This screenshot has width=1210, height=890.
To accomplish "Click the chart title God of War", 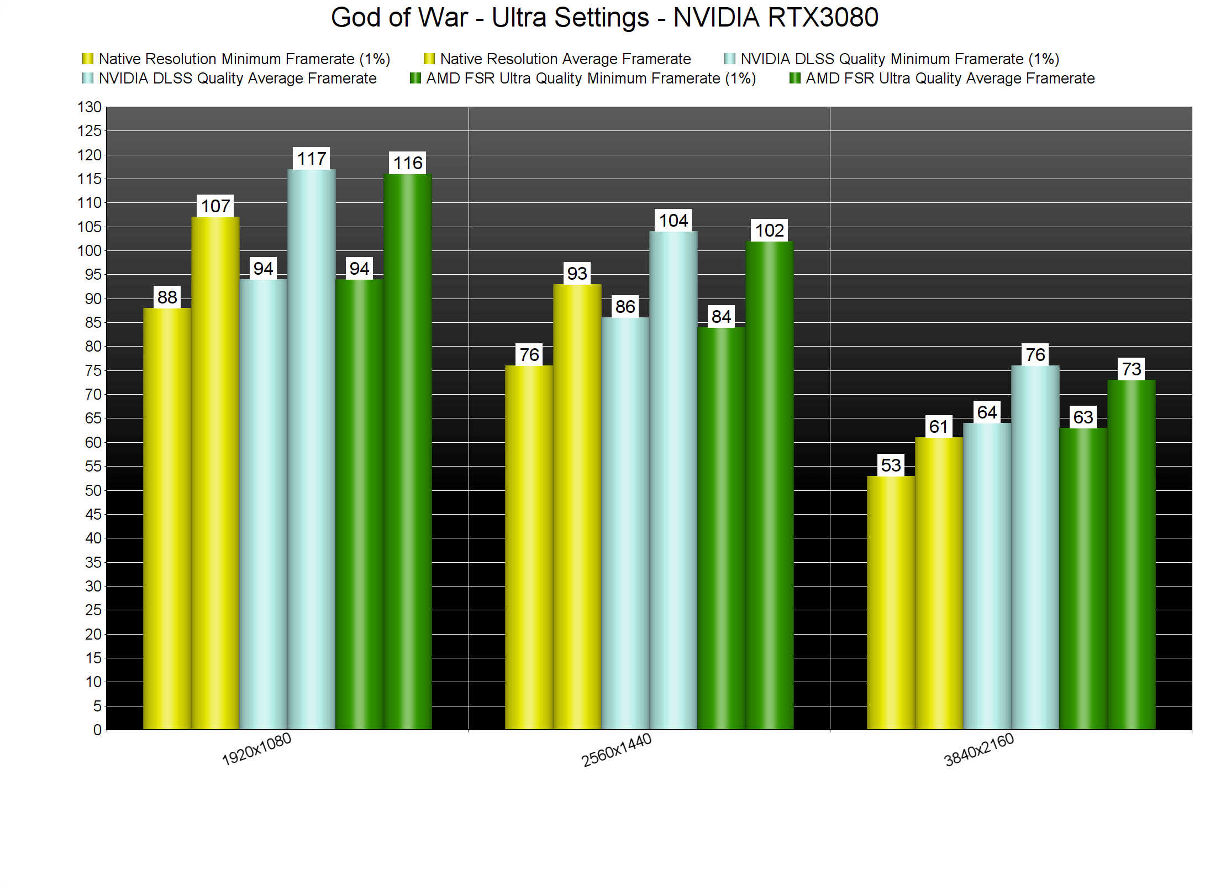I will tap(604, 18).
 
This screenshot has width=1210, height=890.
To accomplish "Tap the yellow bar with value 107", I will tap(215, 470).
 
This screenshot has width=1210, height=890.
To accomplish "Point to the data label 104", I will tap(674, 221).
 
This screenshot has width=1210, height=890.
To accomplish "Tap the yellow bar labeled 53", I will tap(891, 603).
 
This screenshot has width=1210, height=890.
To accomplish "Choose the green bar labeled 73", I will tap(1131, 553).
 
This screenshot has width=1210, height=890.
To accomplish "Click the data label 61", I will tap(939, 427).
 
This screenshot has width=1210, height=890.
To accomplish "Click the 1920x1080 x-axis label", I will tap(256, 750).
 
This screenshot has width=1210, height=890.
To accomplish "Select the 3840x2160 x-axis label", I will tap(979, 750).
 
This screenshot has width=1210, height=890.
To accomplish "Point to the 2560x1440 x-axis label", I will tap(617, 750).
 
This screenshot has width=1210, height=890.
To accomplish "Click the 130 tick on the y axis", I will tap(90, 107).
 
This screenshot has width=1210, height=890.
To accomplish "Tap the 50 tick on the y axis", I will tap(93, 490).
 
